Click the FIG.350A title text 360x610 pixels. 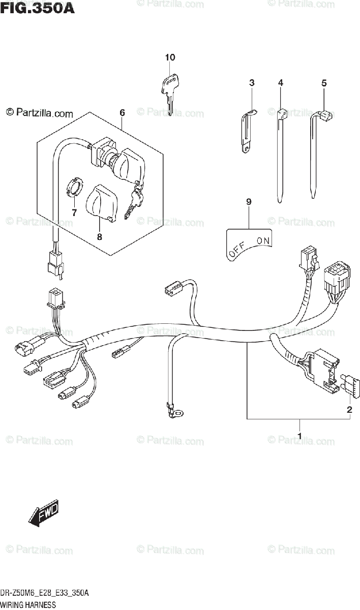38,9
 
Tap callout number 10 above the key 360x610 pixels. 170,57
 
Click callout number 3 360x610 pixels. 252,82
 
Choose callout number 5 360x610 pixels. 323,83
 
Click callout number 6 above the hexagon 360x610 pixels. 122,112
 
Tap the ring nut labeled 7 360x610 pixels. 75,189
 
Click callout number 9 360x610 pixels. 249,202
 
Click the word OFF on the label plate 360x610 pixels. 237,249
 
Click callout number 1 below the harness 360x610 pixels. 299,436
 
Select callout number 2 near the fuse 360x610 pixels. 349,409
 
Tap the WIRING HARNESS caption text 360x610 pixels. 28,604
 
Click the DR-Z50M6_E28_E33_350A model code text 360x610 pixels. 45,594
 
